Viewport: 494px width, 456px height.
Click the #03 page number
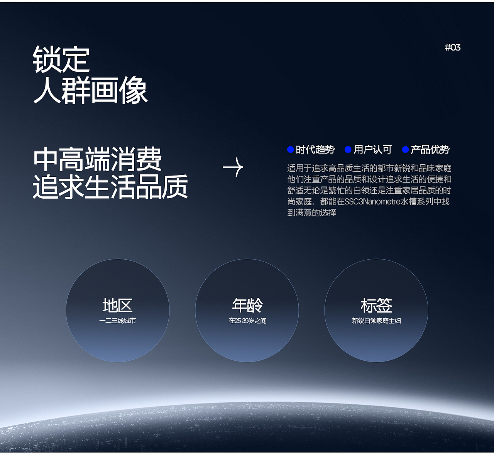click(452, 47)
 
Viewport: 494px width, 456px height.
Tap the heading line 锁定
click(61, 59)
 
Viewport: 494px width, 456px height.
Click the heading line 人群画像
click(90, 90)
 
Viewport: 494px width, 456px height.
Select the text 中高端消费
click(97, 159)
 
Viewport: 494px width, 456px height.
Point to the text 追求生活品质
click(110, 187)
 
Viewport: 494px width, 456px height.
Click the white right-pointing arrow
click(233, 167)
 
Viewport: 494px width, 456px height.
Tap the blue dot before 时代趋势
click(291, 149)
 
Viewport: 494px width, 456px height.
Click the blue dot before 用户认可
click(348, 149)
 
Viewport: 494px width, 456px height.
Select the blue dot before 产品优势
click(405, 149)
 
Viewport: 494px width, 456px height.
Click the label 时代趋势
click(315, 149)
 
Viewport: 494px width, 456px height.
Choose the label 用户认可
click(372, 149)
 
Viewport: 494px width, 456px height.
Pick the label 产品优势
click(430, 149)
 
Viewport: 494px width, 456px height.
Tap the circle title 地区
click(117, 306)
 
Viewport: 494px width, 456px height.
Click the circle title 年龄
click(247, 306)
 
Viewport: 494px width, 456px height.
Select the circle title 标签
click(376, 306)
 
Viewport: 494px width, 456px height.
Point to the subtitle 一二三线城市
click(117, 321)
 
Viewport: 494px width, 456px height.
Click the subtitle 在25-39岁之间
click(247, 321)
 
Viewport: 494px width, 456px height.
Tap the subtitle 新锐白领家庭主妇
click(376, 321)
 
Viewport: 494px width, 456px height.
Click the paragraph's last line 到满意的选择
click(312, 213)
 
